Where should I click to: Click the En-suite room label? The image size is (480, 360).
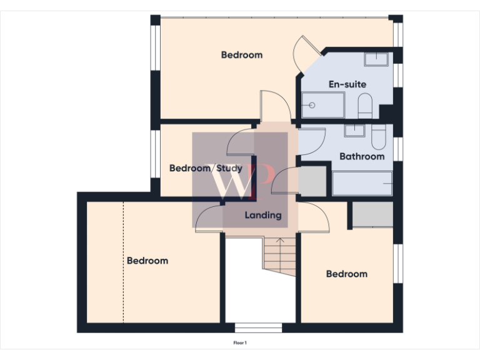click(x=347, y=84)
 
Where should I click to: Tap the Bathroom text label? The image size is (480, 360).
click(x=362, y=156)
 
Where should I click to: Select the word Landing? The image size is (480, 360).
click(x=263, y=216)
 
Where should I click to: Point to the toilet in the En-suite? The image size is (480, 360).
click(x=365, y=106)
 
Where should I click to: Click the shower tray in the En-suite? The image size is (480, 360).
click(x=322, y=105)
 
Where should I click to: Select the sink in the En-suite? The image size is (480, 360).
click(x=376, y=59)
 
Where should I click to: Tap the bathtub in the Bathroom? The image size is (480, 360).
click(x=362, y=184)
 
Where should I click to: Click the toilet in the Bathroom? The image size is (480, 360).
click(x=378, y=137)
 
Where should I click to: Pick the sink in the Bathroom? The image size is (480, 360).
click(x=354, y=130)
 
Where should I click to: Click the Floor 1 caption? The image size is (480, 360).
click(x=241, y=343)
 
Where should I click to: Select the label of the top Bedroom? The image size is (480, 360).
click(x=242, y=55)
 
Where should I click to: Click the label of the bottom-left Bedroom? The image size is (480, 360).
click(x=147, y=261)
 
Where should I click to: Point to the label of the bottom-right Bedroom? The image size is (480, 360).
click(x=347, y=274)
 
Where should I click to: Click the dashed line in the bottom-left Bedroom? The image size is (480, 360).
click(x=124, y=262)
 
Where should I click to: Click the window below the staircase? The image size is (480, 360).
click(x=258, y=327)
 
